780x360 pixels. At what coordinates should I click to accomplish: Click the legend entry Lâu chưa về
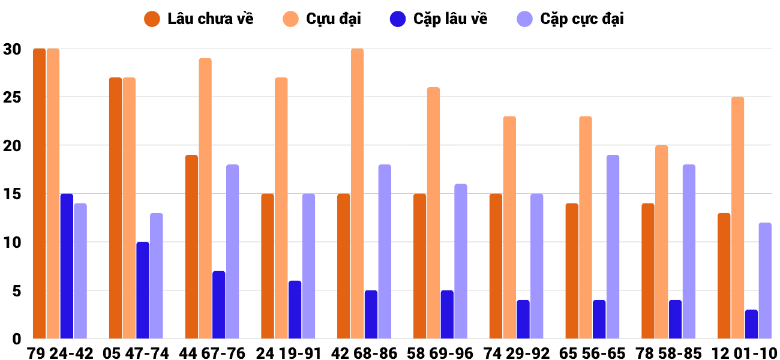click(x=199, y=19)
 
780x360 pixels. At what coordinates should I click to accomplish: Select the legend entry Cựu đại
click(x=322, y=19)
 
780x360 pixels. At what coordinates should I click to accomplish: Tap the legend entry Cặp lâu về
click(x=439, y=19)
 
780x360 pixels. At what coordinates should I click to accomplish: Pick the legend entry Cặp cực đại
click(x=571, y=19)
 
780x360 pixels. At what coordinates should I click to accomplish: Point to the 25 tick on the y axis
click(x=12, y=97)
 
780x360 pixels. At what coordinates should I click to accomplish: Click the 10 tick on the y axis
click(x=12, y=242)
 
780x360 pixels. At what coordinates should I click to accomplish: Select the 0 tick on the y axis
click(x=16, y=339)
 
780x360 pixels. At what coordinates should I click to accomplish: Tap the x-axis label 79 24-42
click(x=60, y=353)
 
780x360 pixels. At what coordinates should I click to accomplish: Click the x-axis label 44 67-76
click(x=212, y=353)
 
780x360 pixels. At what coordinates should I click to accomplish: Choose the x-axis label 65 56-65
click(x=592, y=353)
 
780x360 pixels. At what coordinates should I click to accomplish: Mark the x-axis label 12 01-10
click(x=745, y=353)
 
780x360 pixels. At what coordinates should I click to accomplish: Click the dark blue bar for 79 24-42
click(x=67, y=266)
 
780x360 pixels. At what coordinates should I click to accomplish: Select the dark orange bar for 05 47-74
click(x=116, y=208)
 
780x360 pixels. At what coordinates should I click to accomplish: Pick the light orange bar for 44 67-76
click(x=205, y=198)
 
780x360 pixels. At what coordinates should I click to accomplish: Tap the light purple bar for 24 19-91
click(x=308, y=266)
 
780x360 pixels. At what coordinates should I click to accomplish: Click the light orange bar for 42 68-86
click(x=357, y=193)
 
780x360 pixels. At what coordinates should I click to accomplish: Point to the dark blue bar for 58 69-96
click(x=447, y=314)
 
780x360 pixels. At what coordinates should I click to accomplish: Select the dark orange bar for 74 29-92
click(x=496, y=266)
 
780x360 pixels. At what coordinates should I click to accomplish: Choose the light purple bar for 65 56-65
click(x=613, y=247)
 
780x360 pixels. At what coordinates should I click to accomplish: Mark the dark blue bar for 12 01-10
click(x=751, y=324)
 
